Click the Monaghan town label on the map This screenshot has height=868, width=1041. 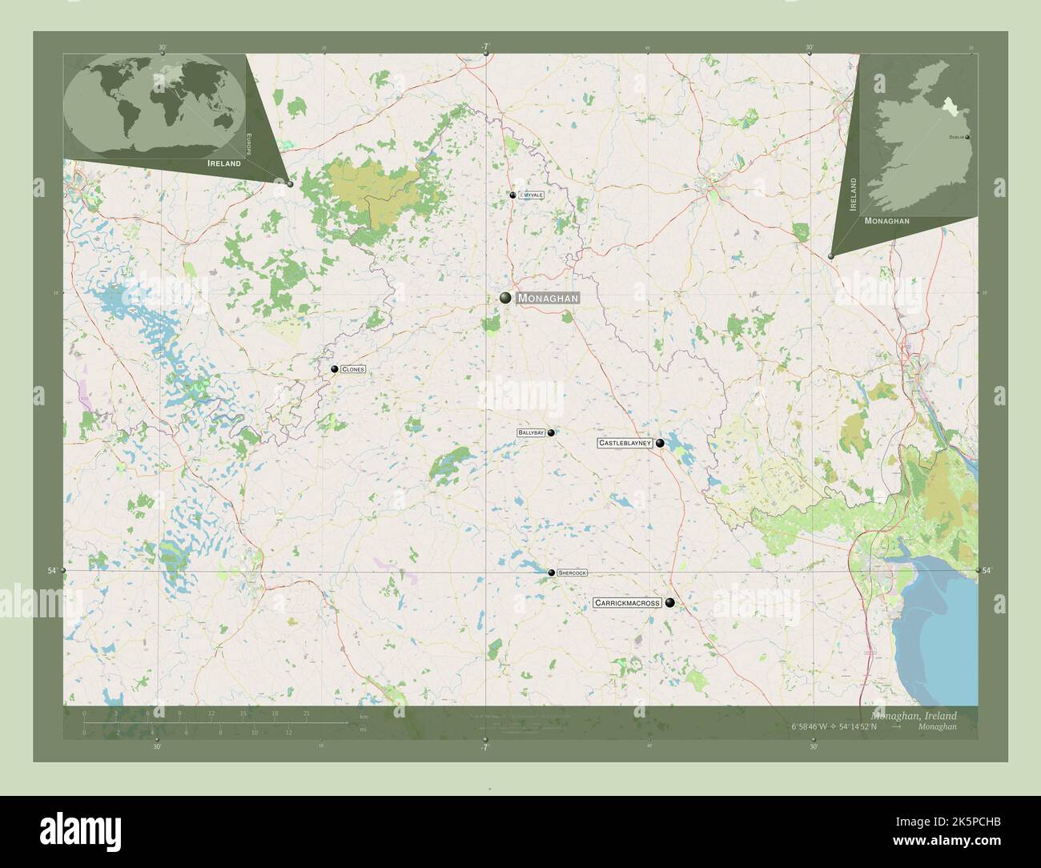[547, 298]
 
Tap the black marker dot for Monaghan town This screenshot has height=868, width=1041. [505, 298]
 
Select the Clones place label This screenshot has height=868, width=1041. [353, 369]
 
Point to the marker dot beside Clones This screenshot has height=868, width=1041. [335, 369]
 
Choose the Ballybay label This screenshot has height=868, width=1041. [531, 432]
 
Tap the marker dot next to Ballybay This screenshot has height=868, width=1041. [551, 432]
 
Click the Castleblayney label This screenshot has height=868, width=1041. [624, 443]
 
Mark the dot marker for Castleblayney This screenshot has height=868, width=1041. [660, 443]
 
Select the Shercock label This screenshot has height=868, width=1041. [573, 573]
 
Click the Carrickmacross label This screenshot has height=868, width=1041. [627, 603]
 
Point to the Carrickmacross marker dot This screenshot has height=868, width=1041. [669, 603]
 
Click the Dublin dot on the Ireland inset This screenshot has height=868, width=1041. [967, 138]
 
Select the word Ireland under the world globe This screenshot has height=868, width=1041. [224, 163]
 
